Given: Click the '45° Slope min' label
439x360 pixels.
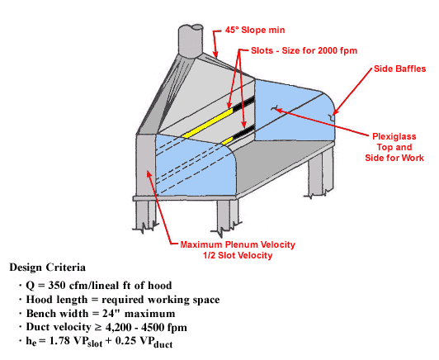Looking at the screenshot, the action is (255, 30).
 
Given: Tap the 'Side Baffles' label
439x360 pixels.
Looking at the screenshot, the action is (399, 69).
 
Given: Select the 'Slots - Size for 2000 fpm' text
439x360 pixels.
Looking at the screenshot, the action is (304, 50).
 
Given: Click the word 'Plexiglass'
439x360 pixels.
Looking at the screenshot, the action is (394, 136).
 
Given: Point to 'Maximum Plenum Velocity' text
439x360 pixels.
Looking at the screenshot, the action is (238, 244).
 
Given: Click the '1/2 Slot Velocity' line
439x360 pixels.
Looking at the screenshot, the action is (238, 255).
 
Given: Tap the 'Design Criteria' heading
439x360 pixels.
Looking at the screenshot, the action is (48, 268).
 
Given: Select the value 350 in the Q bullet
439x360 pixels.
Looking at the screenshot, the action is (57, 285).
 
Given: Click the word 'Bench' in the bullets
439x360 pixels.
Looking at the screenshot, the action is (40, 313).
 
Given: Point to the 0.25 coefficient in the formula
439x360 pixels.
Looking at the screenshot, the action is (125, 341).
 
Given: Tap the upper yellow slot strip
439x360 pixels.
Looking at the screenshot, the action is (207, 123).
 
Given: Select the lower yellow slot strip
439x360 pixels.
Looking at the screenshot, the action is (228, 141).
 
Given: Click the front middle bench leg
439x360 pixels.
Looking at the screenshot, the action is (228, 216).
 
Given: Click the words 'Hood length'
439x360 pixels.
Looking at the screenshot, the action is (57, 300).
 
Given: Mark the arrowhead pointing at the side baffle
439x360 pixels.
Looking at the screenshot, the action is (335, 111).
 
